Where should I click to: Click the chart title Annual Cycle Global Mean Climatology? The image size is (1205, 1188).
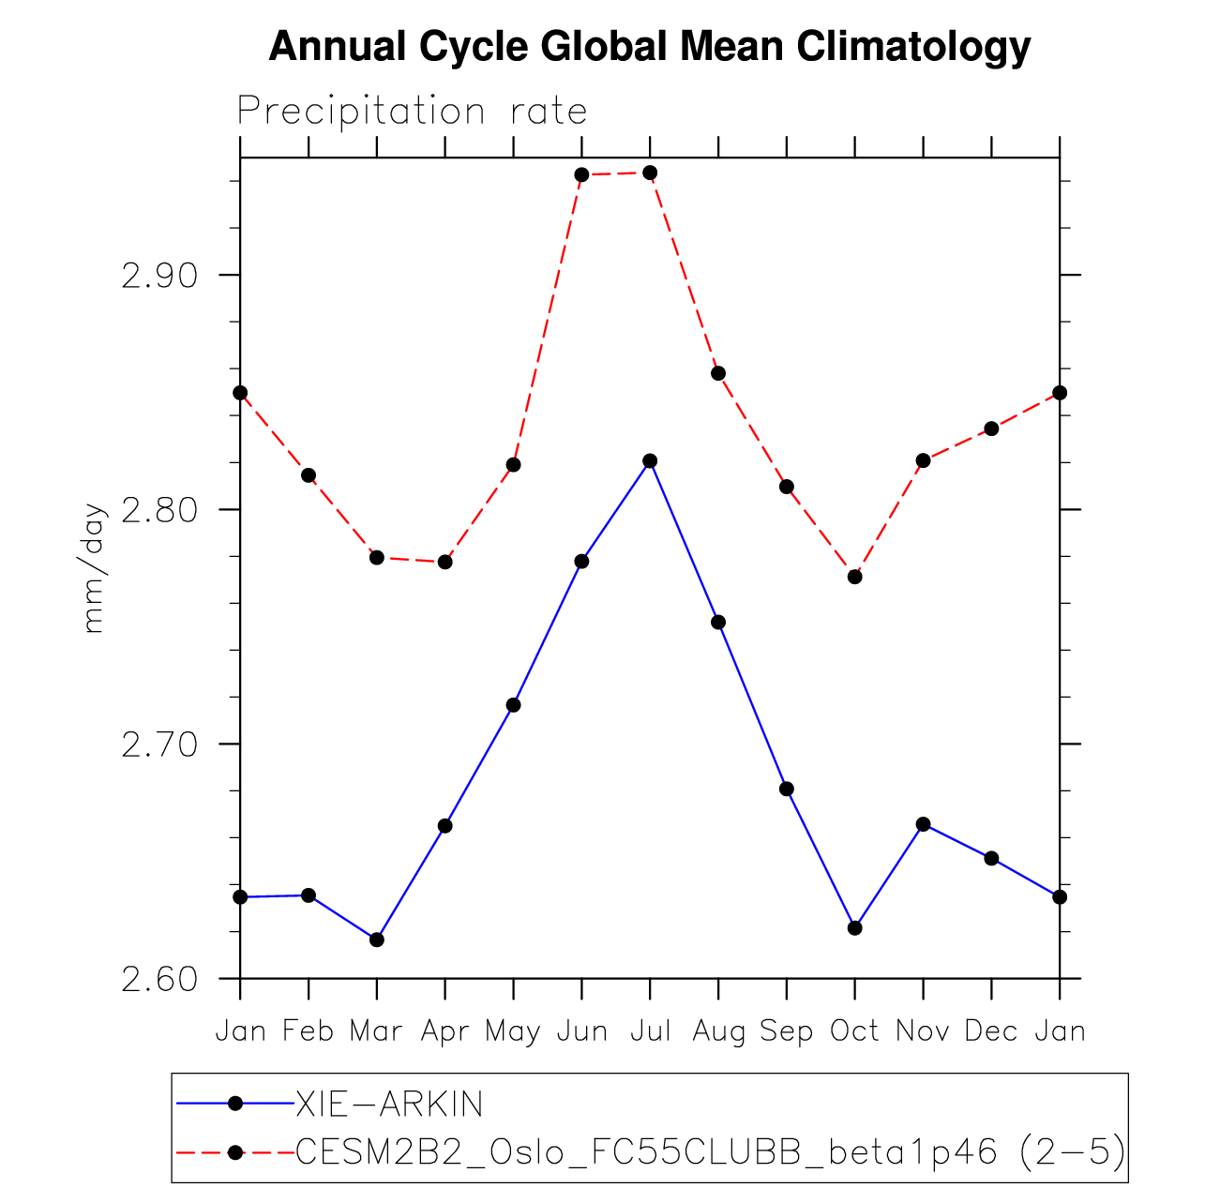point(649,47)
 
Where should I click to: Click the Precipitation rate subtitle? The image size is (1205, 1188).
point(412,112)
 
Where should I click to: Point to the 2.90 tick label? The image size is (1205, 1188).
point(162,276)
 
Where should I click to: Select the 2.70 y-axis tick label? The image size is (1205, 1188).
point(162,744)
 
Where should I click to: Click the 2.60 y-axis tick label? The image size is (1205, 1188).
point(162,979)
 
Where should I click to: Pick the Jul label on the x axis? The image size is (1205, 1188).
point(650,1031)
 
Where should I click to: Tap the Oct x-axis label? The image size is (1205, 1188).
point(854,1031)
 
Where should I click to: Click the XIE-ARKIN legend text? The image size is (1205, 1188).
point(389,1105)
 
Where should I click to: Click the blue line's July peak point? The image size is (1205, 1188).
point(650,461)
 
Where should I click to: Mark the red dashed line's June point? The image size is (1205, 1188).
point(581,174)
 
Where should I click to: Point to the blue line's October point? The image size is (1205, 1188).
point(854,928)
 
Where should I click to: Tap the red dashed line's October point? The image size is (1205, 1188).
point(854,577)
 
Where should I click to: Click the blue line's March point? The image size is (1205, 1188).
point(377,940)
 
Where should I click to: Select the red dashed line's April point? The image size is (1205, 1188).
point(445,562)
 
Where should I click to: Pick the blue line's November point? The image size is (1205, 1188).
point(923,824)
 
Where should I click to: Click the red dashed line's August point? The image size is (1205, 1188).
point(718,373)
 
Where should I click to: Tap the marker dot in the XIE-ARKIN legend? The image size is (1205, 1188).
point(235,1105)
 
